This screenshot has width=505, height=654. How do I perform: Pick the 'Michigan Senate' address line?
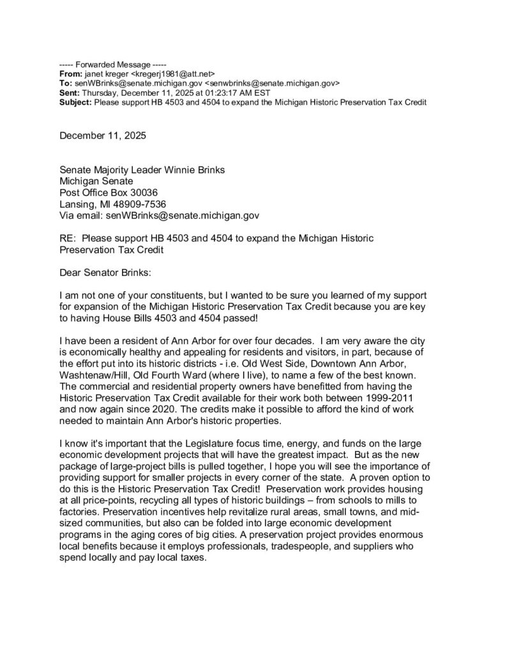click(x=96, y=181)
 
